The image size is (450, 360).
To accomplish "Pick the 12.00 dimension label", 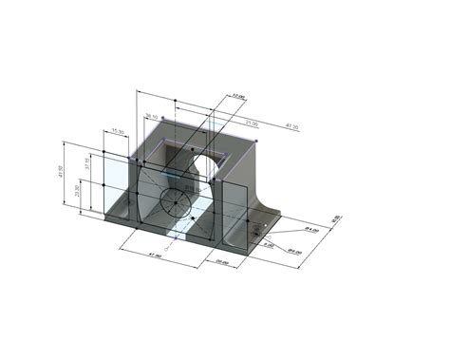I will (238, 97).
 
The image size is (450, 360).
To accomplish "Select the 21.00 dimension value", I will (252, 123).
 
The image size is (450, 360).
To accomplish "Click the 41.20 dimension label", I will (291, 126).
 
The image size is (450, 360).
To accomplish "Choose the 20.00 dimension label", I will (220, 262).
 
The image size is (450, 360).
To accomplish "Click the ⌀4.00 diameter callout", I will (309, 230).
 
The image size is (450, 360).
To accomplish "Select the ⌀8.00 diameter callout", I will (294, 252).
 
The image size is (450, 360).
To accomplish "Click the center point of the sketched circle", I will (175, 200).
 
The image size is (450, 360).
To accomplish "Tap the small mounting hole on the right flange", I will (256, 225).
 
